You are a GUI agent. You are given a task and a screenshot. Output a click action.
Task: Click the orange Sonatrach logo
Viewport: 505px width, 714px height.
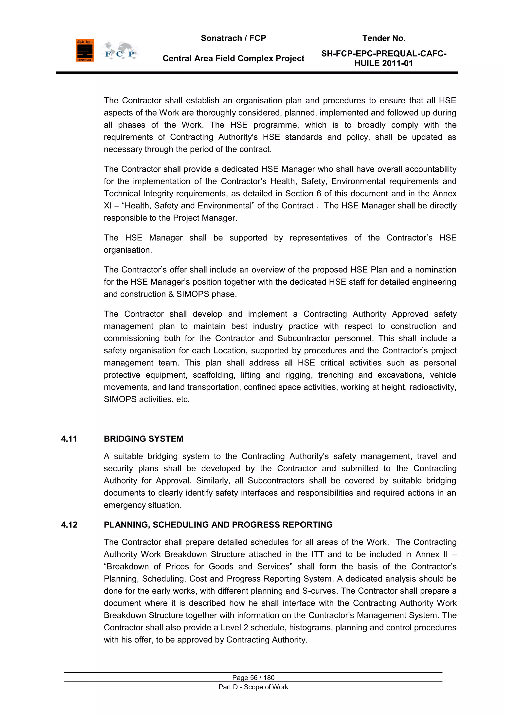[x=85, y=50]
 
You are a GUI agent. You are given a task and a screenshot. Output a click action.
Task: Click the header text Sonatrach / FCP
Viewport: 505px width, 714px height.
[x=233, y=38]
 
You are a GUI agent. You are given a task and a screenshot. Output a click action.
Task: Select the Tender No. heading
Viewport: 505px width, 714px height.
[x=384, y=38]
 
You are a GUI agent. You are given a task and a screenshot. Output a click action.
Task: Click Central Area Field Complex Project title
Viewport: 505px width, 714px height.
[x=233, y=58]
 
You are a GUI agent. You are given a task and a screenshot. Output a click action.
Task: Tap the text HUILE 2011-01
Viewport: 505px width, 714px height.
[x=383, y=63]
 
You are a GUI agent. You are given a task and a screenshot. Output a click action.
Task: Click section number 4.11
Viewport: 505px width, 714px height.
[x=69, y=439]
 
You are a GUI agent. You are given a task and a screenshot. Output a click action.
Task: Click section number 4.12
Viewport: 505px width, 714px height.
[x=69, y=525]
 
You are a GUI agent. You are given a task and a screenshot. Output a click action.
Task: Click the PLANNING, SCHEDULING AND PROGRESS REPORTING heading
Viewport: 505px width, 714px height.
[x=218, y=525]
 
